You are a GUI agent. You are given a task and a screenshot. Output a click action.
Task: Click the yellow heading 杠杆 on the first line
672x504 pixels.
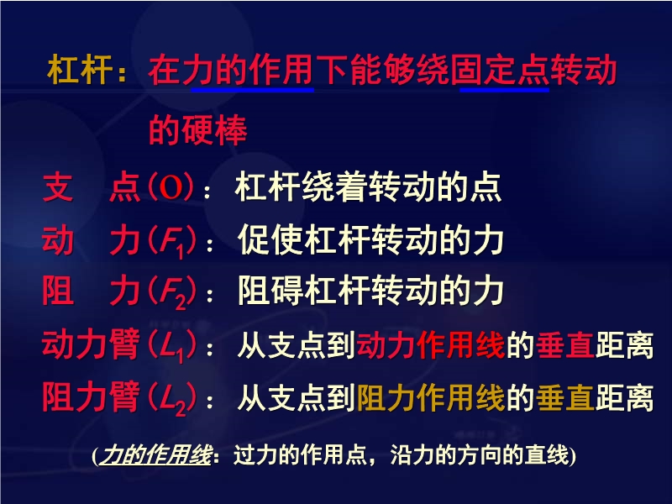80,71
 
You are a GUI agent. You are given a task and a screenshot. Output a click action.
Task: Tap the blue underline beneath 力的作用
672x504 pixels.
253,90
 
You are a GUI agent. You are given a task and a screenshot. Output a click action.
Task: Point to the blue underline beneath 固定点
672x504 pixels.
505,90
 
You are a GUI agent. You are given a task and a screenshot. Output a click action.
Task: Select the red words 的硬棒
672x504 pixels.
197,130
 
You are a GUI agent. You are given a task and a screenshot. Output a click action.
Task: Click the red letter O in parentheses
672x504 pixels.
171,187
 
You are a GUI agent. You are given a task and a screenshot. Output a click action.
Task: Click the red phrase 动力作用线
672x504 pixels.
430,345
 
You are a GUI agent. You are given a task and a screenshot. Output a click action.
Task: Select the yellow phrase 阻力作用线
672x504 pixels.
430,398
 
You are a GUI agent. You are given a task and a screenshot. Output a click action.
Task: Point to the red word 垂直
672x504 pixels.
564,345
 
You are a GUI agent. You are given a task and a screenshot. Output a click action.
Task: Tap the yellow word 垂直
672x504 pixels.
564,398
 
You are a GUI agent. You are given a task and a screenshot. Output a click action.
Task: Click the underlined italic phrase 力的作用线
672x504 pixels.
156,455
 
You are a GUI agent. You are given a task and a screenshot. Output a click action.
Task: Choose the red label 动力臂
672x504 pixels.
91,344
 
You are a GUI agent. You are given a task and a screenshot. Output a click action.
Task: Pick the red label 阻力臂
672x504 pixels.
91,397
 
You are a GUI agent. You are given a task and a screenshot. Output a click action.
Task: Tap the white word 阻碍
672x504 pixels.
270,291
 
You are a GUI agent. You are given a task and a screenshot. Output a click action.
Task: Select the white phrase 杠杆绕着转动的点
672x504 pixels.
368,187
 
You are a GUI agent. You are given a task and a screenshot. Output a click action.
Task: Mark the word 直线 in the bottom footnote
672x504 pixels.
548,455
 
